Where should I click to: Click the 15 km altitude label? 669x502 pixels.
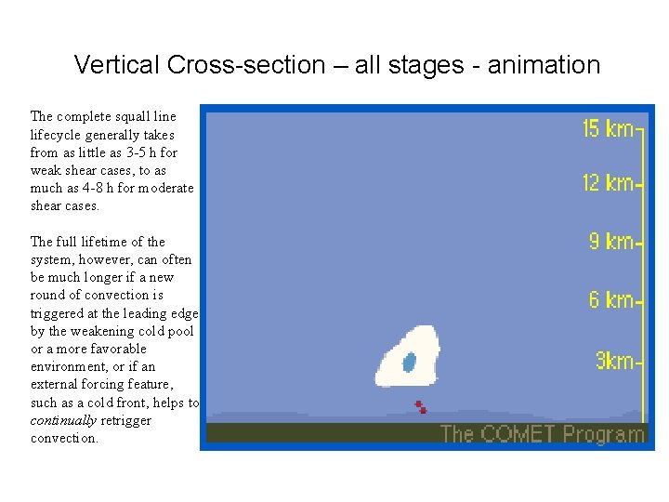tap(608, 128)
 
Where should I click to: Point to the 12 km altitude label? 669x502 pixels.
tap(608, 183)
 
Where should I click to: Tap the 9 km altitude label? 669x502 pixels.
tap(611, 242)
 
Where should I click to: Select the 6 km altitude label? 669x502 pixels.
tap(611, 299)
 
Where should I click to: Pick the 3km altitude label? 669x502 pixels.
tap(614, 361)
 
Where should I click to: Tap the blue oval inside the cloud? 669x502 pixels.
tap(409, 363)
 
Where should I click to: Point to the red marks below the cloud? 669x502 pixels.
tap(420, 407)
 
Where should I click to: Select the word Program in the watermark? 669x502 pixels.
tap(604, 434)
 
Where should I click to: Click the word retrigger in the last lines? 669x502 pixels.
tap(126, 420)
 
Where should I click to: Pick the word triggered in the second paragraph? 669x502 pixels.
tap(58, 313)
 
